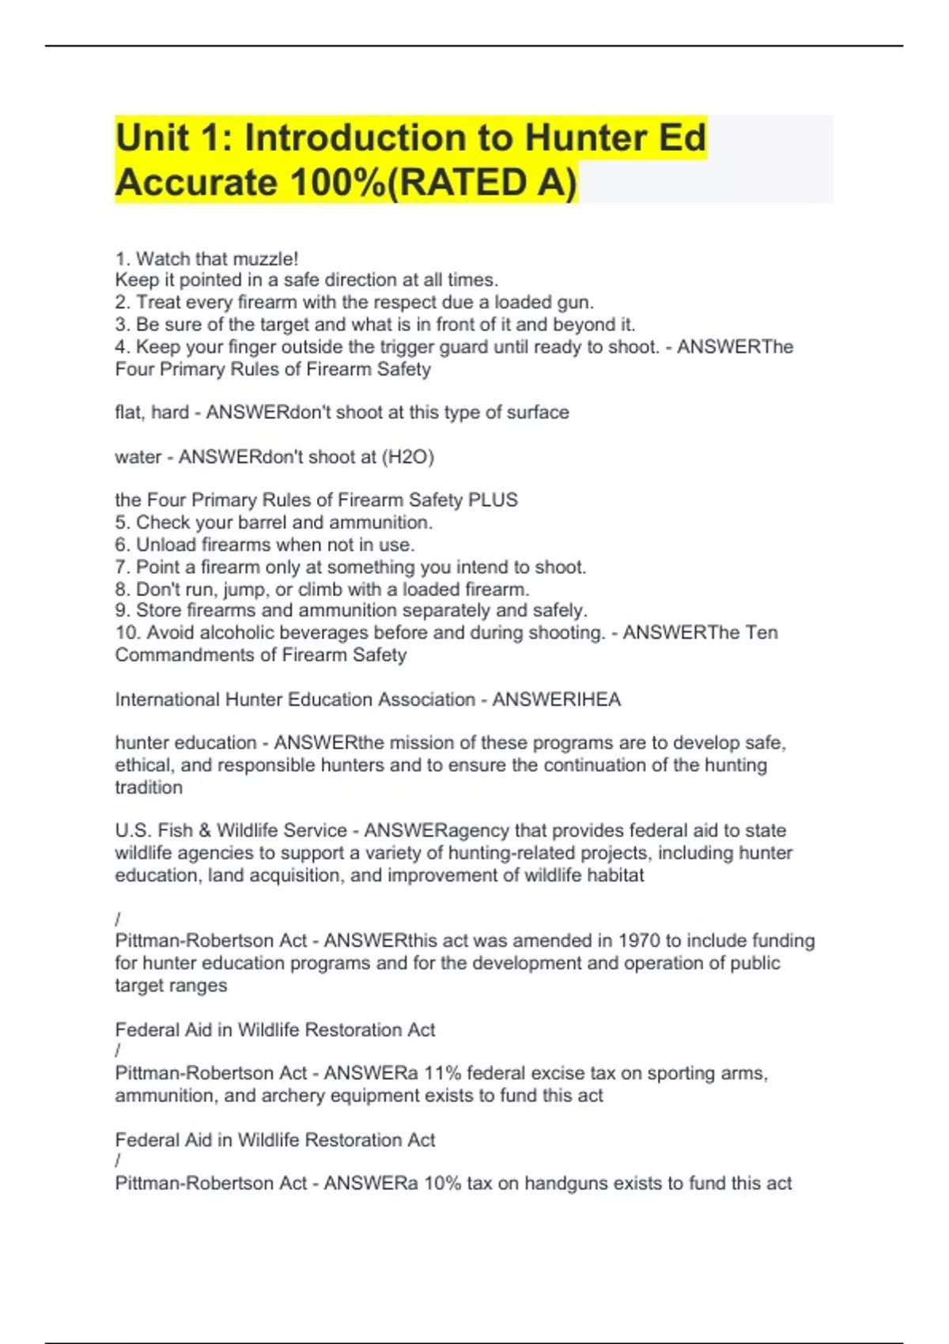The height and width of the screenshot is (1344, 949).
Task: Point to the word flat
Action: [129, 413]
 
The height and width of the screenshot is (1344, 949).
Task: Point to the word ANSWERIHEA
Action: [556, 700]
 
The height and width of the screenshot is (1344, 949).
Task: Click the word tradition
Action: [149, 787]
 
